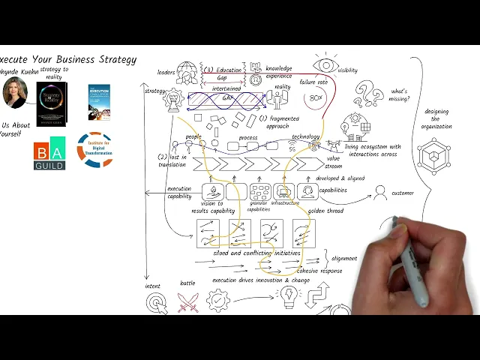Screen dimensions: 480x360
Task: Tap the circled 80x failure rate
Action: [x=316, y=98]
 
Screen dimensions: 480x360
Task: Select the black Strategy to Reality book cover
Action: [x=51, y=103]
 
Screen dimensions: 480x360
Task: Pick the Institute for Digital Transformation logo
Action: [x=94, y=150]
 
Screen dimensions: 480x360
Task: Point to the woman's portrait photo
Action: [x=15, y=91]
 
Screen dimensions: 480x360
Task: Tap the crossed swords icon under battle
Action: [x=187, y=302]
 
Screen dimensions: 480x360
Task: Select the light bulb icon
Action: [x=288, y=298]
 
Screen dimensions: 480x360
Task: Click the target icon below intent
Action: [x=156, y=302]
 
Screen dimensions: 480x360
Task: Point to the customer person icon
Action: [x=380, y=193]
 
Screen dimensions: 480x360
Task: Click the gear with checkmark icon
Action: [x=218, y=301]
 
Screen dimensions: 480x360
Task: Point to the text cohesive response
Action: [x=319, y=270]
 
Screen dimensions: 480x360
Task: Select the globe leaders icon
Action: [x=187, y=72]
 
